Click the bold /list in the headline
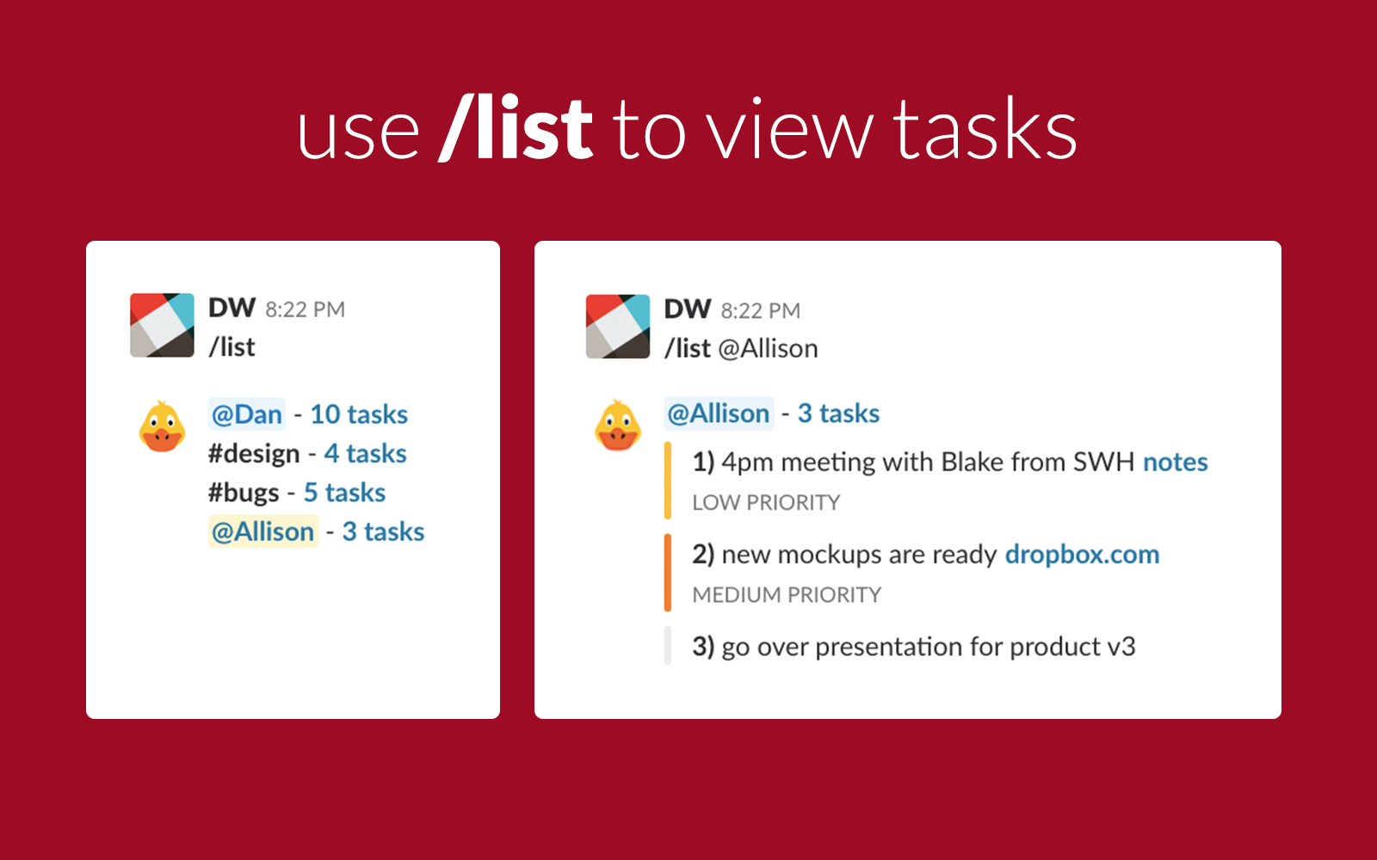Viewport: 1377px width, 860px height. click(516, 129)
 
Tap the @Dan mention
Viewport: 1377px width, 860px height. click(247, 415)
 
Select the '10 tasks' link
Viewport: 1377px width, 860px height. click(359, 415)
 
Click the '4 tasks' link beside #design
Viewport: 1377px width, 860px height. click(365, 453)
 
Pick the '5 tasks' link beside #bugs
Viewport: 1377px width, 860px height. click(344, 493)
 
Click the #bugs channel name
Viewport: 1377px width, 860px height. click(244, 493)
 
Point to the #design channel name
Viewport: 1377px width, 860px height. click(254, 453)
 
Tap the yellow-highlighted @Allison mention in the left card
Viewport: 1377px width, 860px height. click(263, 531)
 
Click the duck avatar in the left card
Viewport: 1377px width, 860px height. click(162, 427)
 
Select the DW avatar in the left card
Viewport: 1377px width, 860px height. click(162, 325)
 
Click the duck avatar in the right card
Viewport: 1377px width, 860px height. click(618, 426)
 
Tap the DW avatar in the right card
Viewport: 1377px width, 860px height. click(618, 326)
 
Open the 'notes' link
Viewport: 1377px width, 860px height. click(1175, 462)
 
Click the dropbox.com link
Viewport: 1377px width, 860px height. click(1082, 555)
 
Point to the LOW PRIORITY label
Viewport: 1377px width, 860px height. click(766, 502)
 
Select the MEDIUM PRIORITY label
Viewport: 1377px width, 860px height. click(787, 594)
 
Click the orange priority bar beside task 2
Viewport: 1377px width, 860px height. click(668, 573)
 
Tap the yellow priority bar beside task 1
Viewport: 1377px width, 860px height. click(668, 481)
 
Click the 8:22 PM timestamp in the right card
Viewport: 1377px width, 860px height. click(761, 310)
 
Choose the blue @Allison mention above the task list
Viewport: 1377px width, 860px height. click(719, 414)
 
